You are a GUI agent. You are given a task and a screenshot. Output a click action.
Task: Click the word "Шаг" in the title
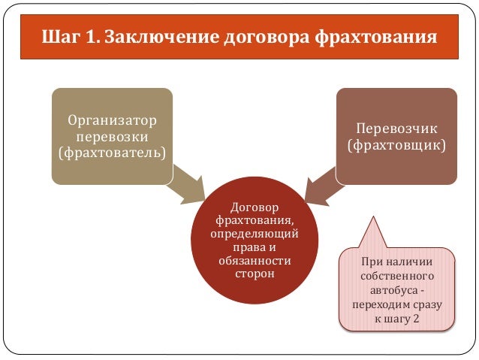point(56,35)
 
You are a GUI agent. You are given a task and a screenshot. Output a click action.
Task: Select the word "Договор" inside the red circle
point(255,206)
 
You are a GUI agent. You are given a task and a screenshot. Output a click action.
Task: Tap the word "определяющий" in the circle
point(255,233)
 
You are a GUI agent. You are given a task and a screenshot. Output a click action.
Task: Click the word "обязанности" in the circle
point(255,260)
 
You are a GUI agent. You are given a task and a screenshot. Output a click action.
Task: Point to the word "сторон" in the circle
point(255,274)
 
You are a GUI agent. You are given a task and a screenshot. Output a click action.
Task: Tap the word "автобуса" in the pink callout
point(394,289)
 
